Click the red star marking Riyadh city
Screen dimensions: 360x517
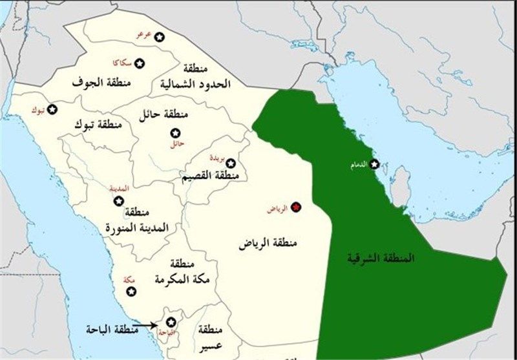tap(296, 206)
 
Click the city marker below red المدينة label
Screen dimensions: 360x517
tap(118, 201)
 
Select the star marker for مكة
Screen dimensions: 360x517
tap(131, 291)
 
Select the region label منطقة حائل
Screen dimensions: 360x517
tap(163, 114)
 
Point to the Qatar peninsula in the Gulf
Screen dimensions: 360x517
tap(401, 184)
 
